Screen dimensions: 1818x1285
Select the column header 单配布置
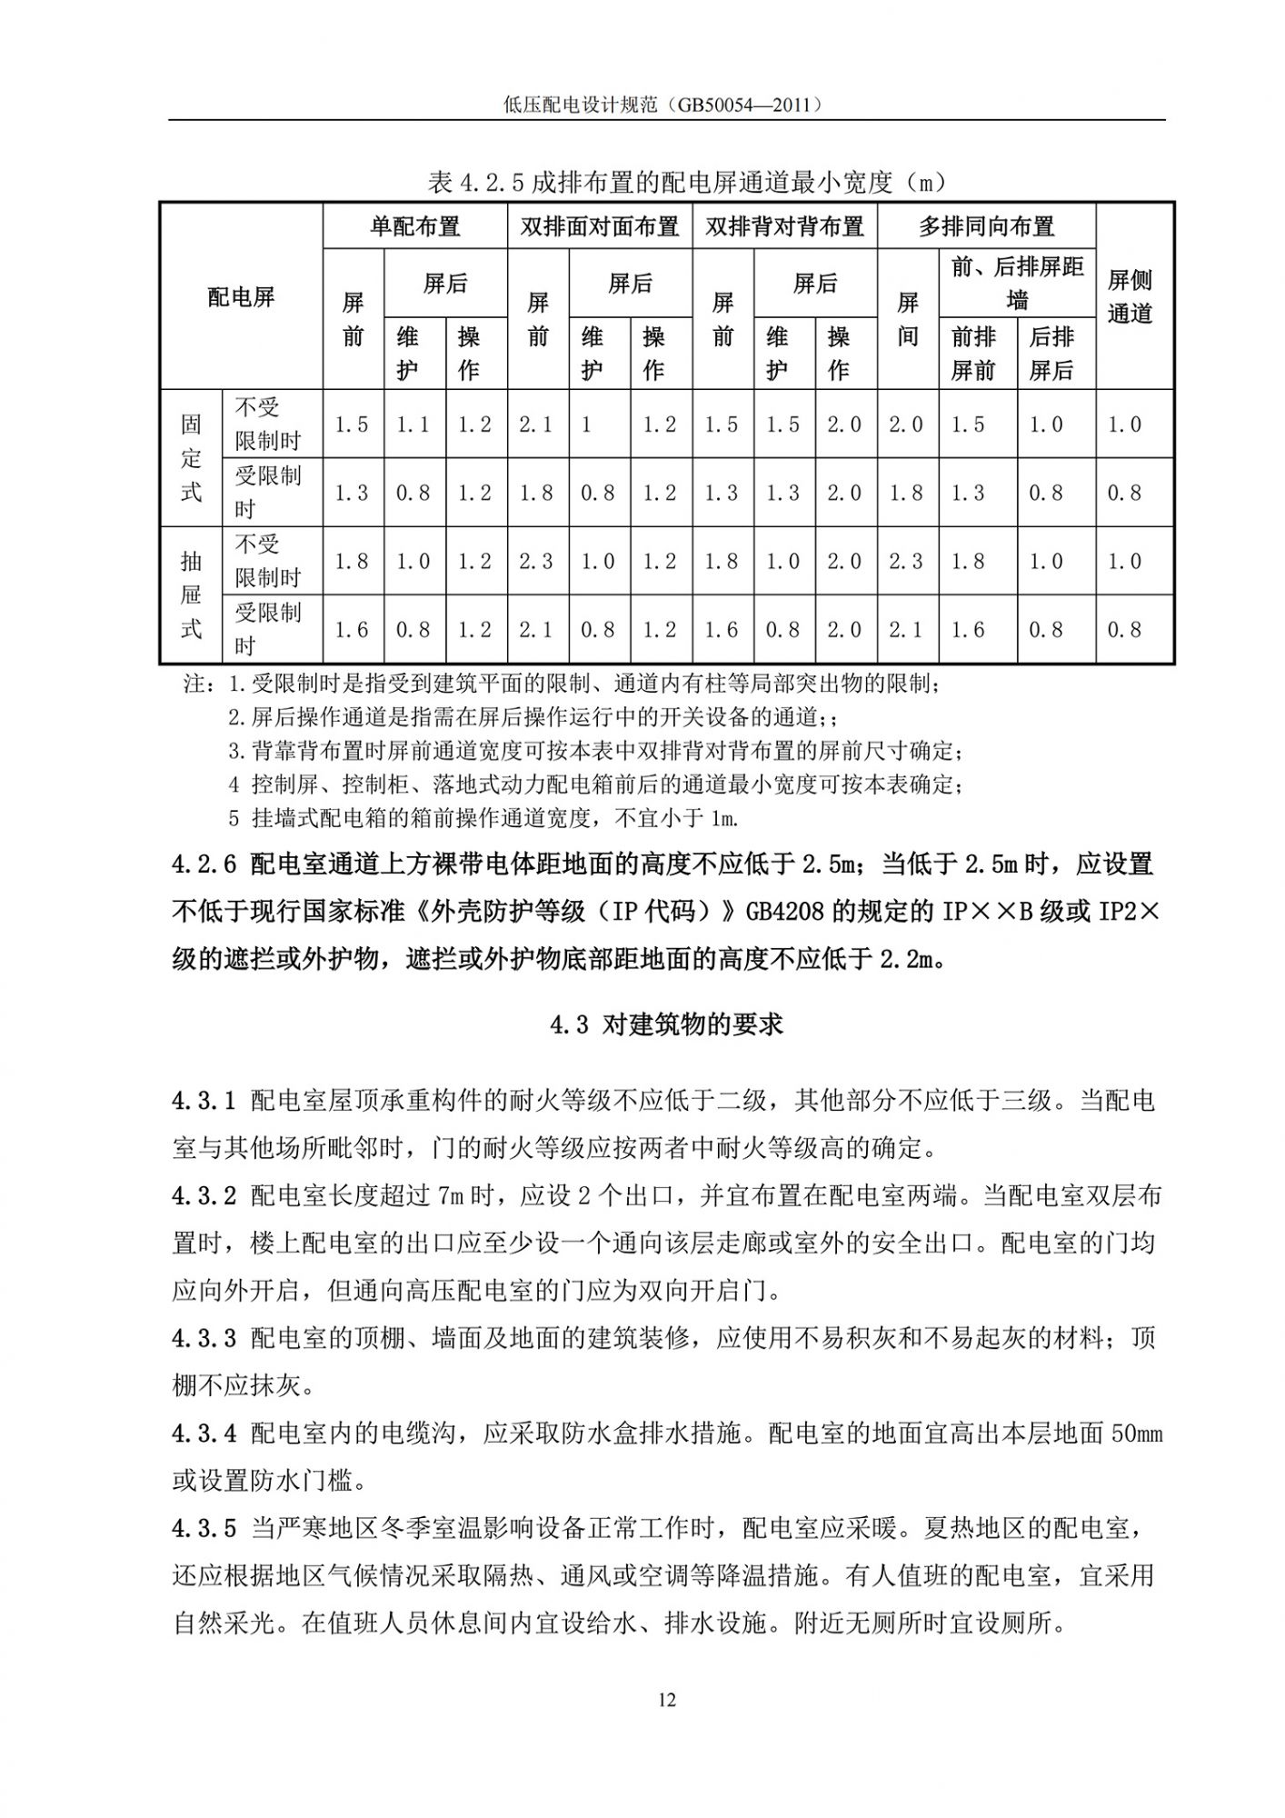414,226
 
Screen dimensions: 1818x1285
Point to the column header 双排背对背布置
784,226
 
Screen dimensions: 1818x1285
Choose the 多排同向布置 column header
986,226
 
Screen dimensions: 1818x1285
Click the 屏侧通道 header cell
1130,296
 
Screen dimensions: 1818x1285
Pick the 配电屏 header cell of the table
241,296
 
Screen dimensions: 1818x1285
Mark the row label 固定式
191,458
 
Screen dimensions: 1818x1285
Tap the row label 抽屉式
191,594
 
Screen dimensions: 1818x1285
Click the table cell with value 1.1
413,425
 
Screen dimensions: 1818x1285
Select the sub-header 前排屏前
973,354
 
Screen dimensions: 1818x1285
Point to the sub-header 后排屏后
1051,354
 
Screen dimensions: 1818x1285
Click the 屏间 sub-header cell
907,319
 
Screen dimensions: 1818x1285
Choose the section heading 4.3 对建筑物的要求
666,1025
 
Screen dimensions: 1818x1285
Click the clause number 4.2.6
204,864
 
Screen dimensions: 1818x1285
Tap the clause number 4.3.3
204,1339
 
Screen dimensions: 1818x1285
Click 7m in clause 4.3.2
452,1196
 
